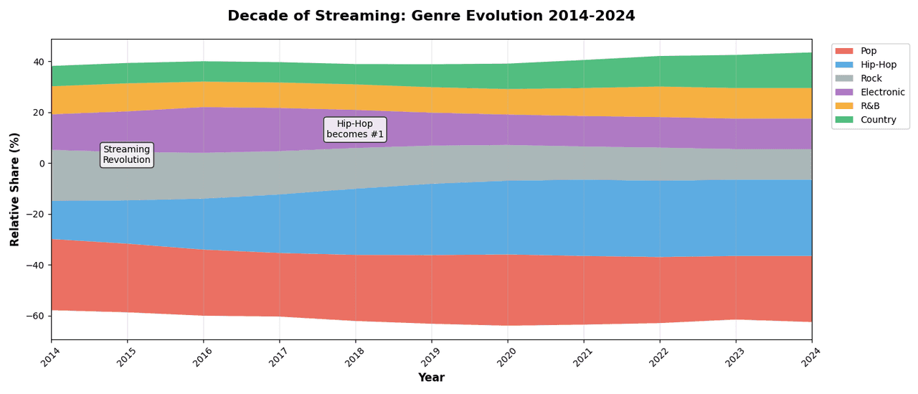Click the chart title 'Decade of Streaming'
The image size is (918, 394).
[431, 16]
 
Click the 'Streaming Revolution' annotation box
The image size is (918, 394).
[127, 154]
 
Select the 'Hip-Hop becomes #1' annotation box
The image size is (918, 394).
[355, 129]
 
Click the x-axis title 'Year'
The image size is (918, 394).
[431, 377]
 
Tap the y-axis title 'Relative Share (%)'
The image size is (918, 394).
[15, 189]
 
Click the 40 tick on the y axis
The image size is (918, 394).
[38, 62]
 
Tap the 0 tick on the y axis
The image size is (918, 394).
[42, 164]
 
